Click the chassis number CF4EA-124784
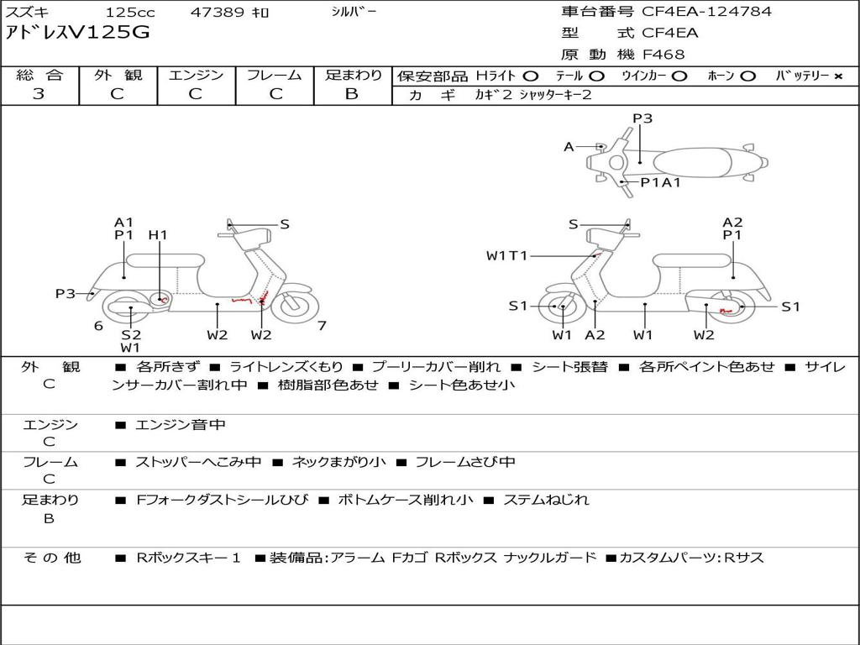pyautogui.click(x=706, y=11)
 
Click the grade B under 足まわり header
pyautogui.click(x=352, y=94)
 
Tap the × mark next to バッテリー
pyautogui.click(x=838, y=76)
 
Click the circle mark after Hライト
pyautogui.click(x=531, y=76)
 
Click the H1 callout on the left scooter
pyautogui.click(x=158, y=235)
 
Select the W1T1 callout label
pyautogui.click(x=506, y=255)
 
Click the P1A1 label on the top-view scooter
pyautogui.click(x=661, y=182)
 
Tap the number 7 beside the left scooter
pyautogui.click(x=322, y=326)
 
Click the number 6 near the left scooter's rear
pyautogui.click(x=98, y=326)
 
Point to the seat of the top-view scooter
pyautogui.click(x=692, y=163)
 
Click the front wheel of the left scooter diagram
pyautogui.click(x=291, y=307)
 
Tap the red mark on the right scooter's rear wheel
pyautogui.click(x=726, y=311)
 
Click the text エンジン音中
pyautogui.click(x=180, y=424)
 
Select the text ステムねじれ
pyautogui.click(x=546, y=500)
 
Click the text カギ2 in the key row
pyautogui.click(x=494, y=95)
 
